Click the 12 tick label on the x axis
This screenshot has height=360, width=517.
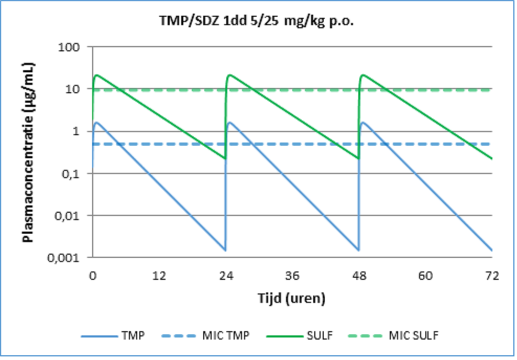point(159,276)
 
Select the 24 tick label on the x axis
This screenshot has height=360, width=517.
point(225,276)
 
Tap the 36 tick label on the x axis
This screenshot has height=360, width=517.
point(292,276)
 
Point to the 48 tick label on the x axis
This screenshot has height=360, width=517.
point(358,276)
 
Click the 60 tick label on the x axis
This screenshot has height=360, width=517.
point(425,276)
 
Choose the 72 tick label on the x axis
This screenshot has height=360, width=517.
point(491,276)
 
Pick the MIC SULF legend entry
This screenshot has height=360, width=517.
point(412,335)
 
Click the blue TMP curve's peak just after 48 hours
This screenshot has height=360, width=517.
point(363,122)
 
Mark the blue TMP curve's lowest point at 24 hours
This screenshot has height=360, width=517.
point(225,250)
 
